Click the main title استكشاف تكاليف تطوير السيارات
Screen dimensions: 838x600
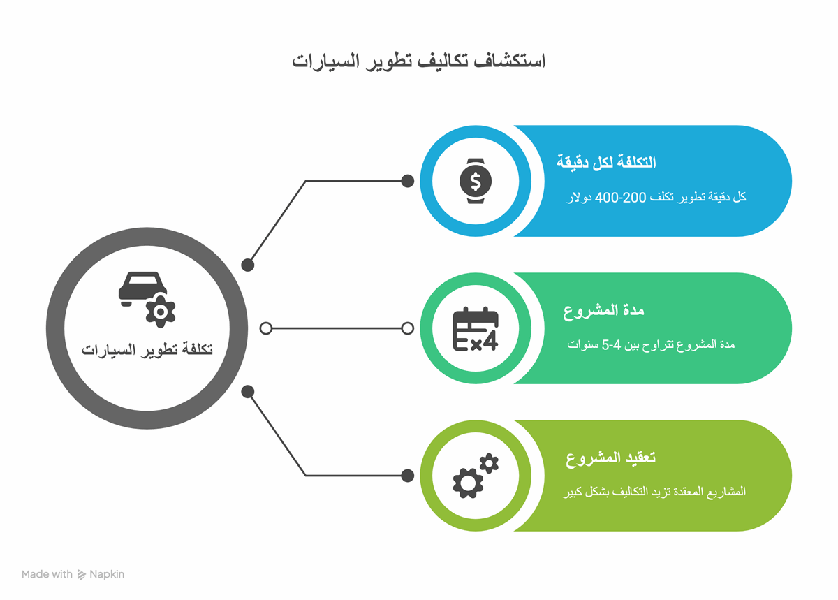pyautogui.click(x=418, y=61)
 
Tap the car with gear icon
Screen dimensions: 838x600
pyautogui.click(x=147, y=300)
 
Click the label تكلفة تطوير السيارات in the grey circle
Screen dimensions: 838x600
pyautogui.click(x=147, y=350)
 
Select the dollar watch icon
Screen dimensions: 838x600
pyautogui.click(x=476, y=181)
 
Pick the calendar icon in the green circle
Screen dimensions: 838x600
pyautogui.click(x=476, y=328)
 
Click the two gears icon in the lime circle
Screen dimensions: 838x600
pyautogui.click(x=476, y=476)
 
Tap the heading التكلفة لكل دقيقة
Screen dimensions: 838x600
pyautogui.click(x=606, y=162)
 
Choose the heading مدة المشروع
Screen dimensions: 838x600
pyautogui.click(x=604, y=311)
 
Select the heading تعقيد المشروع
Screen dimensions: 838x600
pyautogui.click(x=610, y=458)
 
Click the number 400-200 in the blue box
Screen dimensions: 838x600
pyautogui.click(x=620, y=197)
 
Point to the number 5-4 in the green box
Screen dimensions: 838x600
pyautogui.click(x=611, y=345)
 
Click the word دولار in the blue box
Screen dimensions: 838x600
pyautogui.click(x=579, y=197)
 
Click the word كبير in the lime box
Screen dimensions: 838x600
pyautogui.click(x=573, y=492)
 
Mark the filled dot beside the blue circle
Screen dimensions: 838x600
pyautogui.click(x=407, y=181)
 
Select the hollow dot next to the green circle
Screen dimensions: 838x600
pyautogui.click(x=407, y=328)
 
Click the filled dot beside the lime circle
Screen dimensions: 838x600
pyautogui.click(x=407, y=476)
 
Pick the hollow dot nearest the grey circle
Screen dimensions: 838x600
pyautogui.click(x=265, y=328)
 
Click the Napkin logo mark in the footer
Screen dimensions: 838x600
pyautogui.click(x=81, y=575)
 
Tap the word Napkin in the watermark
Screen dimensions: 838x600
pyautogui.click(x=107, y=575)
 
